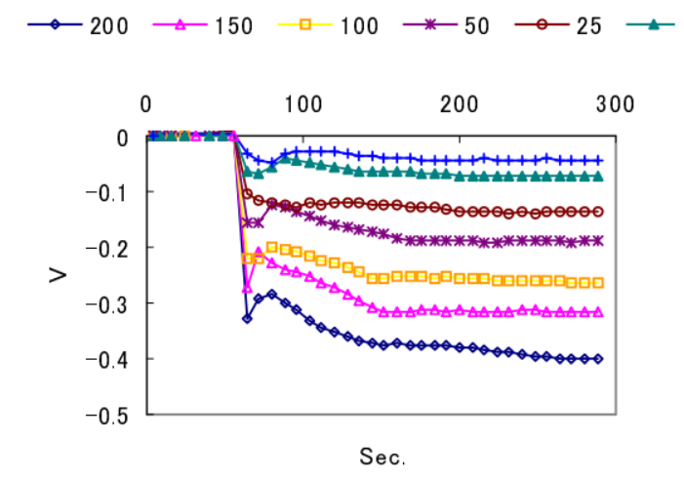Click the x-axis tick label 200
460,103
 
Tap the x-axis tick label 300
616,103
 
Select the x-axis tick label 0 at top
146,103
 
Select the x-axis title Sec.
382,456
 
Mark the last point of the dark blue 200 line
598,359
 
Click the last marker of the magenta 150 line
598,312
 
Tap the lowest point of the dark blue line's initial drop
247,318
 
